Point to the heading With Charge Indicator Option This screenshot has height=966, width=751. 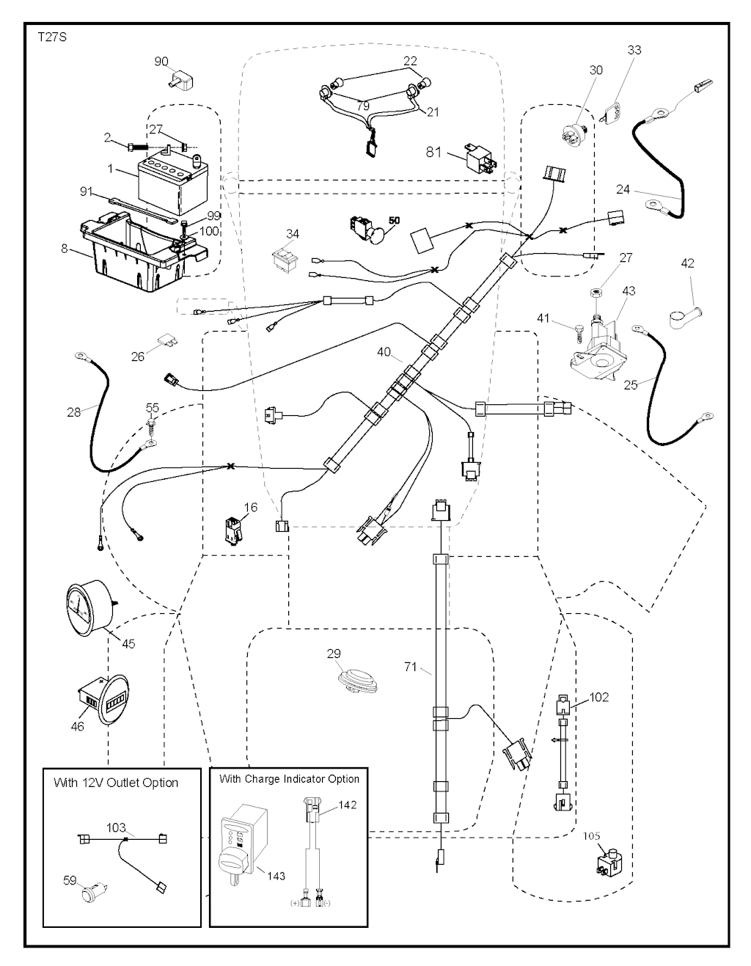tap(289, 779)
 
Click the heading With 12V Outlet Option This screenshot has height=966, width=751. tap(116, 783)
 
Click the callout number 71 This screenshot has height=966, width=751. tap(411, 667)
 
